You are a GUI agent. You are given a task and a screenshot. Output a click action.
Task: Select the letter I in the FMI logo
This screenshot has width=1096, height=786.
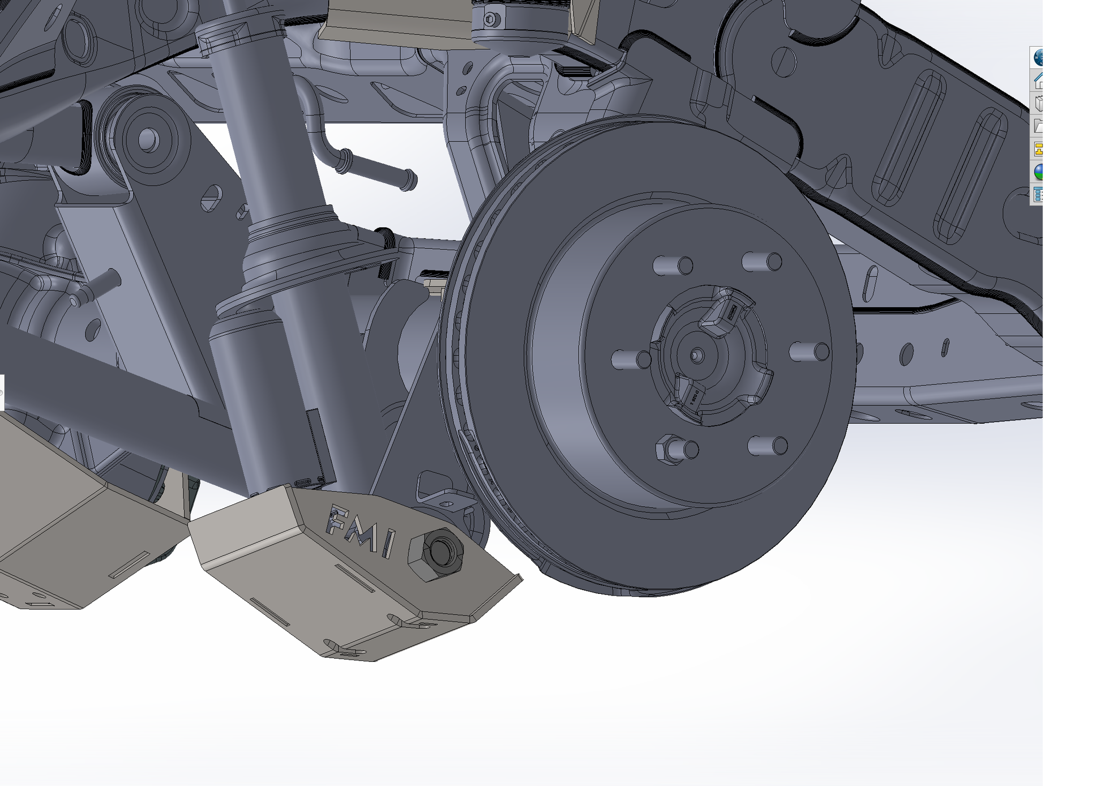pyautogui.click(x=389, y=544)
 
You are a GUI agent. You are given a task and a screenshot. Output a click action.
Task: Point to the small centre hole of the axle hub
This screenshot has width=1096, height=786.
pyautogui.click(x=695, y=354)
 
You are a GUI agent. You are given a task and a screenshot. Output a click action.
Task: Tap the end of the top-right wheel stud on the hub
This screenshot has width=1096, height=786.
pyautogui.click(x=774, y=262)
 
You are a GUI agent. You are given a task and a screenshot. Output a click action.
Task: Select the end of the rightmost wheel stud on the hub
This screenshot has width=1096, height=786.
pyautogui.click(x=821, y=352)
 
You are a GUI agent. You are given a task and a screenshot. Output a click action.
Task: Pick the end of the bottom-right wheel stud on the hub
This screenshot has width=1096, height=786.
pyautogui.click(x=780, y=446)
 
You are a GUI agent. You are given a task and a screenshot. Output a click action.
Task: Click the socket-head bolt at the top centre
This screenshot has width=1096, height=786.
pyautogui.click(x=492, y=20)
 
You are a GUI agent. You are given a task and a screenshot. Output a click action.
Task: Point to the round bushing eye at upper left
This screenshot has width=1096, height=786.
pyautogui.click(x=148, y=140)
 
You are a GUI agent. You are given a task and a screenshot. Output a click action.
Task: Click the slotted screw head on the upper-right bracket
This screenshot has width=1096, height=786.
pyautogui.click(x=784, y=60)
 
